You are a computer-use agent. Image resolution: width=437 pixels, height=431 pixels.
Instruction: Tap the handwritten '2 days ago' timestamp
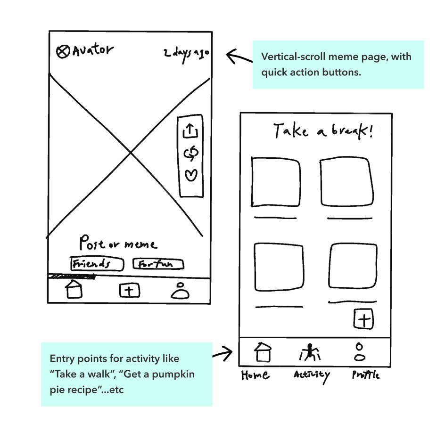click(x=186, y=53)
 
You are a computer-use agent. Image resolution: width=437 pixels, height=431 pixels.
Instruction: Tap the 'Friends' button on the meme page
click(x=97, y=264)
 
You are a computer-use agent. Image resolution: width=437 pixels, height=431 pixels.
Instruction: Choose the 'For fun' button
click(x=158, y=264)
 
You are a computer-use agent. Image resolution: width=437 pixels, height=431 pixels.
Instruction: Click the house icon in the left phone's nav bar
click(x=74, y=289)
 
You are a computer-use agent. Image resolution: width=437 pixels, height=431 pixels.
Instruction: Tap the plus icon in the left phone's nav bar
click(x=129, y=290)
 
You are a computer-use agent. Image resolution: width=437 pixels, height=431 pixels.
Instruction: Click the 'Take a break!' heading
click(x=324, y=130)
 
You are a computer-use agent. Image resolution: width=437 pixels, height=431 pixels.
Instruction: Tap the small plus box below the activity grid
click(x=363, y=319)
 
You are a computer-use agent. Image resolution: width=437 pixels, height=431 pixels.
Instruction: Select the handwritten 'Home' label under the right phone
click(x=255, y=375)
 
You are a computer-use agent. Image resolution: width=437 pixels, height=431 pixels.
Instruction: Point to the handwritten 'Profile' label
click(x=365, y=375)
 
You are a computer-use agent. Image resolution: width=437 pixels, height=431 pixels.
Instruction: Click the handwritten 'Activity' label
click(x=311, y=375)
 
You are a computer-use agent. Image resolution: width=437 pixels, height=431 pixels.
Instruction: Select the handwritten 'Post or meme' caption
click(x=118, y=244)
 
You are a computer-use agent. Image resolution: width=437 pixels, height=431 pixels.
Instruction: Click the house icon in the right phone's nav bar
click(x=263, y=352)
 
